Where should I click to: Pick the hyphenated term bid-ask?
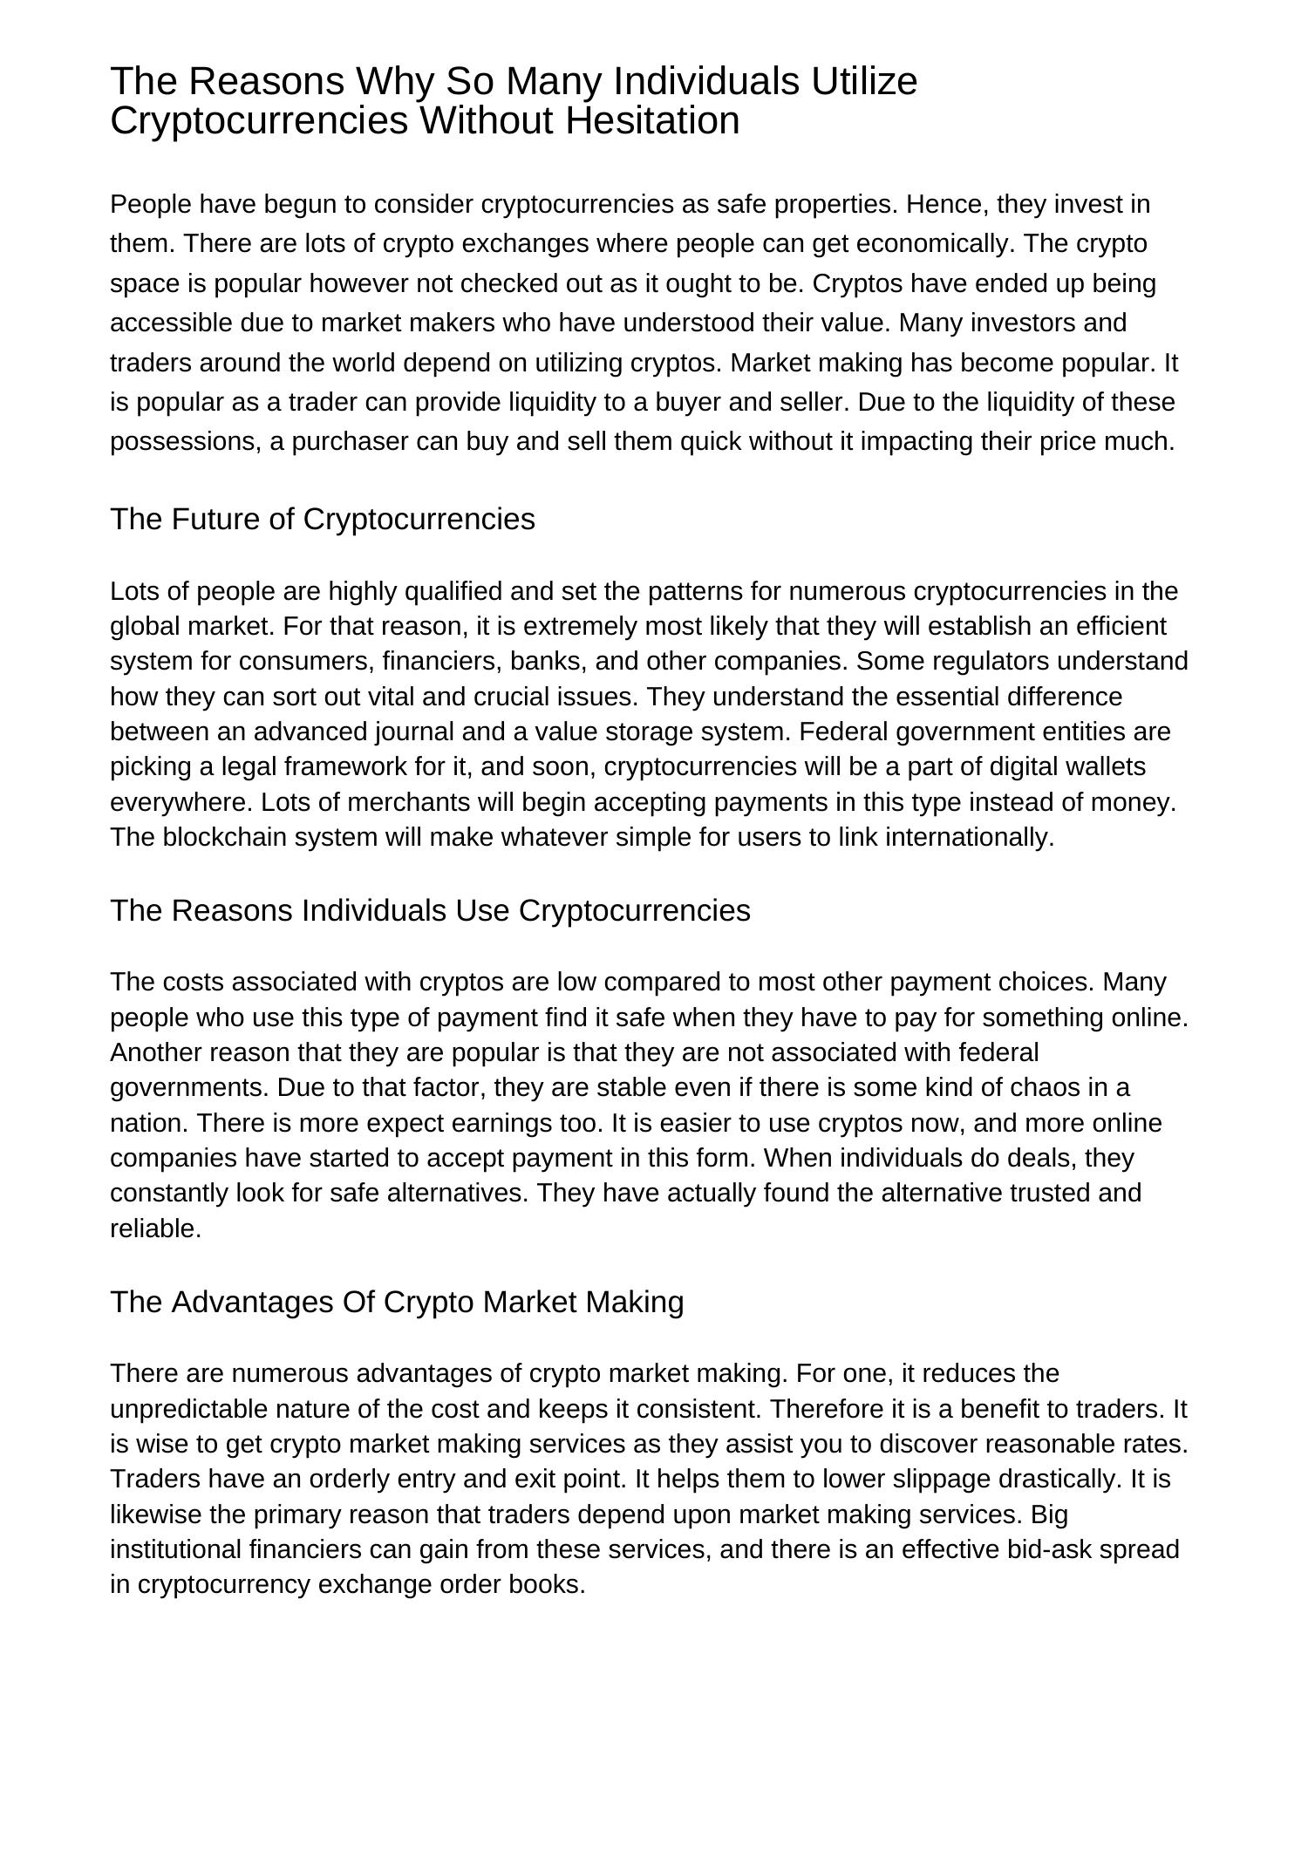1053,1549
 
